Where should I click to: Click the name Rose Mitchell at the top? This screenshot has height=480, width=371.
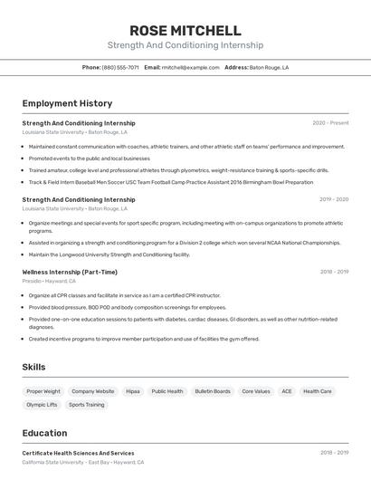[185, 31]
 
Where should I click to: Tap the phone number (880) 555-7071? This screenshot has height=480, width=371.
[120, 67]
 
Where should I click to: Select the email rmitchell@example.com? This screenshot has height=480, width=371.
[191, 67]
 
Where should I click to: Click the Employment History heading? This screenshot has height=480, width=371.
[67, 103]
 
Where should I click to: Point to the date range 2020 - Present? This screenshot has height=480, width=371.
[330, 123]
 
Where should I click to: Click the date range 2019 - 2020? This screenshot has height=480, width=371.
[334, 199]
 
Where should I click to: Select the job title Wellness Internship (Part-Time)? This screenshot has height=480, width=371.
[70, 272]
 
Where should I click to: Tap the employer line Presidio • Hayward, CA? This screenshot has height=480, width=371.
[49, 281]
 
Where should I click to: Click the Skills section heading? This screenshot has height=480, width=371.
[34, 367]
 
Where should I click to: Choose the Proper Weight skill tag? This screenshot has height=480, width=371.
[43, 391]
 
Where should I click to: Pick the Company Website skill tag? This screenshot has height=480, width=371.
[93, 391]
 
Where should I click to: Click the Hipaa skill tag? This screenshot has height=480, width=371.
[133, 391]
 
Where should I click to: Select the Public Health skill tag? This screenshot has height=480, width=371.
[167, 391]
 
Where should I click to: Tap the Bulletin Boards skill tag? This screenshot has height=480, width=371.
[213, 391]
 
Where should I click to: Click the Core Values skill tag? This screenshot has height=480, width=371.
[256, 391]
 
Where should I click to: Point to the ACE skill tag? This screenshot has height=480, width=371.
[287, 391]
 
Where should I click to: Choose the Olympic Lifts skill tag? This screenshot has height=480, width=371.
[42, 405]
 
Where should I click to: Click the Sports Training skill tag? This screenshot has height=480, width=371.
[87, 405]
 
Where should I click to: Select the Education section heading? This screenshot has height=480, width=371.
[44, 433]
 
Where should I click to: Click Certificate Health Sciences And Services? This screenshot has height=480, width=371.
[78, 453]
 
